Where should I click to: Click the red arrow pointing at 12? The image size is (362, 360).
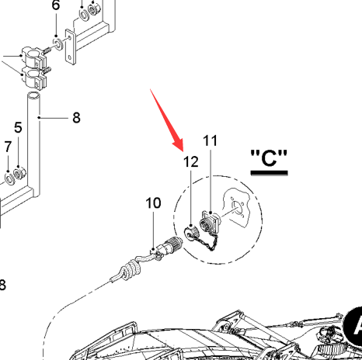point(166,119)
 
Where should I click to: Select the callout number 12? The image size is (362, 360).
point(191,162)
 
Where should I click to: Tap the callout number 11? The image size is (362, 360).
point(211,141)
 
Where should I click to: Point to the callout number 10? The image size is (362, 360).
point(153,203)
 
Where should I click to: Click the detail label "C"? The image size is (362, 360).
point(269,158)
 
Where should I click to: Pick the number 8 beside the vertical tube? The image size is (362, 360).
point(76,118)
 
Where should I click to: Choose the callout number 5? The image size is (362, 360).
point(18,127)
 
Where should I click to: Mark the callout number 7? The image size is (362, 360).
point(8,147)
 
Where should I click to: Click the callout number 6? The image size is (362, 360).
point(56,5)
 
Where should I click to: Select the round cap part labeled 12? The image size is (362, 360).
point(191,232)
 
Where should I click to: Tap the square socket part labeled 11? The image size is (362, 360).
point(210,220)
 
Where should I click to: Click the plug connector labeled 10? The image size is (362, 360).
point(168,247)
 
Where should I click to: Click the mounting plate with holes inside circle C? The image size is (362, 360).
point(236,207)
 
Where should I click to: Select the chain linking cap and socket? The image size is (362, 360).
point(207,243)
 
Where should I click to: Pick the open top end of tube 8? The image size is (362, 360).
point(34,95)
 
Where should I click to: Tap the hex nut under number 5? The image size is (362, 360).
point(19,172)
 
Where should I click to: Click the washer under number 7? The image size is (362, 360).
point(9,178)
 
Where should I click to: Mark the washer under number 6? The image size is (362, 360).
point(58,43)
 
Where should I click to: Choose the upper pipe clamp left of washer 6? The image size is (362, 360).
point(33,57)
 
